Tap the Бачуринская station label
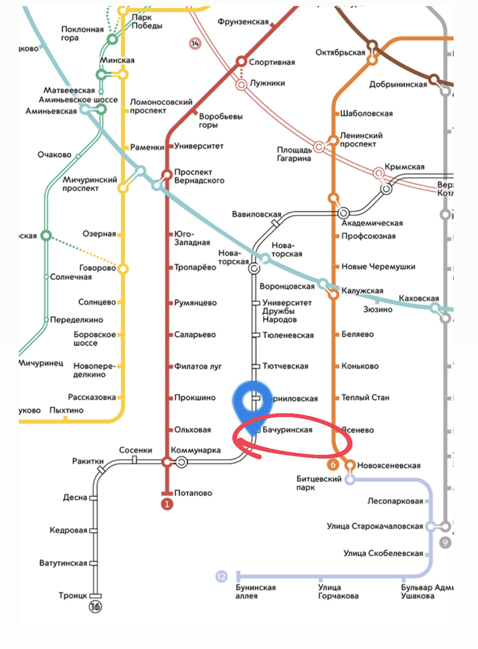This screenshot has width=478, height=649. [x=287, y=430]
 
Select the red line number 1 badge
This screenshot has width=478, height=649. [x=167, y=504]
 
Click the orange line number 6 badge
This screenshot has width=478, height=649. [x=333, y=464]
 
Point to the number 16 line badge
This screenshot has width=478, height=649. [x=95, y=606]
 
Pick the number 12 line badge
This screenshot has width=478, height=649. [x=221, y=576]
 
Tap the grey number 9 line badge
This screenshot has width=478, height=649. [x=445, y=542]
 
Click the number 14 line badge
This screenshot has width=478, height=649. [x=195, y=43]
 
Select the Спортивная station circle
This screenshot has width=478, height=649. [x=241, y=62]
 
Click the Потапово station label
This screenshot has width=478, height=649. [x=193, y=493]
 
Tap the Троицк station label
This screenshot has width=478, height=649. [x=73, y=596]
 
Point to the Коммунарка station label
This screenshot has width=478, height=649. [x=196, y=450]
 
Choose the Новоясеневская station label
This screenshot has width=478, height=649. [x=389, y=465]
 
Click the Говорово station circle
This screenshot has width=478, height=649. [x=123, y=269]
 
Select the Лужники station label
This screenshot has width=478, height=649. [x=267, y=83]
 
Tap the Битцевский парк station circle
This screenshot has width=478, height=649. [x=350, y=480]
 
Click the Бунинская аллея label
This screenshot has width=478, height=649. [x=255, y=592]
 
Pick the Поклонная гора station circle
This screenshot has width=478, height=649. [x=112, y=40]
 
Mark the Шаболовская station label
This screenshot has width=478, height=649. [x=367, y=113]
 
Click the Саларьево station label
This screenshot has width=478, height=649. [x=195, y=335]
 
